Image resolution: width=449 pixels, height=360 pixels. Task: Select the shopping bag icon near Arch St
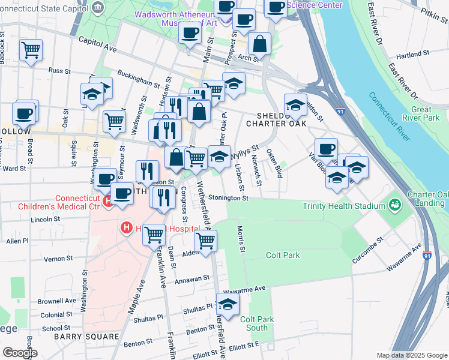coord(260,43)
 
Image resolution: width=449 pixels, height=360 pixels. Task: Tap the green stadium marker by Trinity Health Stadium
coord(394,206)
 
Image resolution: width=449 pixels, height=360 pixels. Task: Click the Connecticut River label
coord(390,116)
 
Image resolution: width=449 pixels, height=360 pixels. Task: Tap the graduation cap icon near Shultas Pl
coord(228,305)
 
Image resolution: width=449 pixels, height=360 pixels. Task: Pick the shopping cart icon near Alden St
coord(206,241)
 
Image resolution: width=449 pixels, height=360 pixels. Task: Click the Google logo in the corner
coord(20,353)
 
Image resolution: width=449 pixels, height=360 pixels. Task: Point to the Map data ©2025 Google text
coord(411,355)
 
